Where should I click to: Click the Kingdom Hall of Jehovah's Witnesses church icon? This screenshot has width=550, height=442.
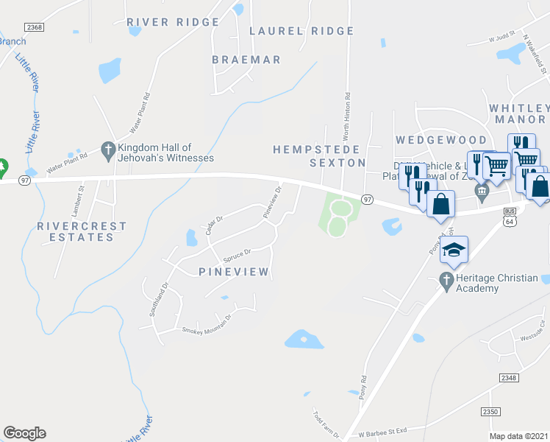[x=107, y=148]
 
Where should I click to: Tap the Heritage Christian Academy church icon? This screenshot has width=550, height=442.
[x=445, y=280]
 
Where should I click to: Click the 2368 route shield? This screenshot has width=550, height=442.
[x=34, y=27]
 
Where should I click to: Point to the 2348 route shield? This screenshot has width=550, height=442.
[x=508, y=377]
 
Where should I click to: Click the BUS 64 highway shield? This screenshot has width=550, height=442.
[x=510, y=216]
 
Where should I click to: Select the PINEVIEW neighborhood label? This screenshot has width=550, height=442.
[x=235, y=273]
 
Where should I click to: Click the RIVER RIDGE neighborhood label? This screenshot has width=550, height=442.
[x=173, y=22]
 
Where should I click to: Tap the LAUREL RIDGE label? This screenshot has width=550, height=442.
[x=301, y=31]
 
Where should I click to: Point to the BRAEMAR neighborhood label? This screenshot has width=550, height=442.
[x=246, y=59]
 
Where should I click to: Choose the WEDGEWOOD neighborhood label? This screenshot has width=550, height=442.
[x=441, y=140]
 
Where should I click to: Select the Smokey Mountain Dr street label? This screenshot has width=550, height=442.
[x=207, y=324]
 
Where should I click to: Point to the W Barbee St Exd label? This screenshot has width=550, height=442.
[x=382, y=429]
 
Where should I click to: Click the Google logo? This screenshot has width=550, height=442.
[x=24, y=433]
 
